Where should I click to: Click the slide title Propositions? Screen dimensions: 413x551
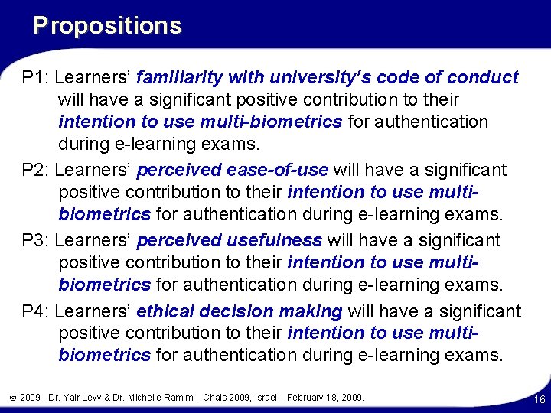(x=107, y=26)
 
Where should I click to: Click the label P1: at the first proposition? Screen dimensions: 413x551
(x=36, y=78)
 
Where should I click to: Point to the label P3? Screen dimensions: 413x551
(x=36, y=240)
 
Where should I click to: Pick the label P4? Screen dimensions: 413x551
(x=36, y=311)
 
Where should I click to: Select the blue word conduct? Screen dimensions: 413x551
(x=483, y=78)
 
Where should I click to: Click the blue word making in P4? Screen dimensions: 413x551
(x=310, y=311)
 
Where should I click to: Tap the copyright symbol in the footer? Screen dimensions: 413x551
(x=13, y=398)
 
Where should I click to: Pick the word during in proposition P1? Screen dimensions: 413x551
(x=84, y=143)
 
